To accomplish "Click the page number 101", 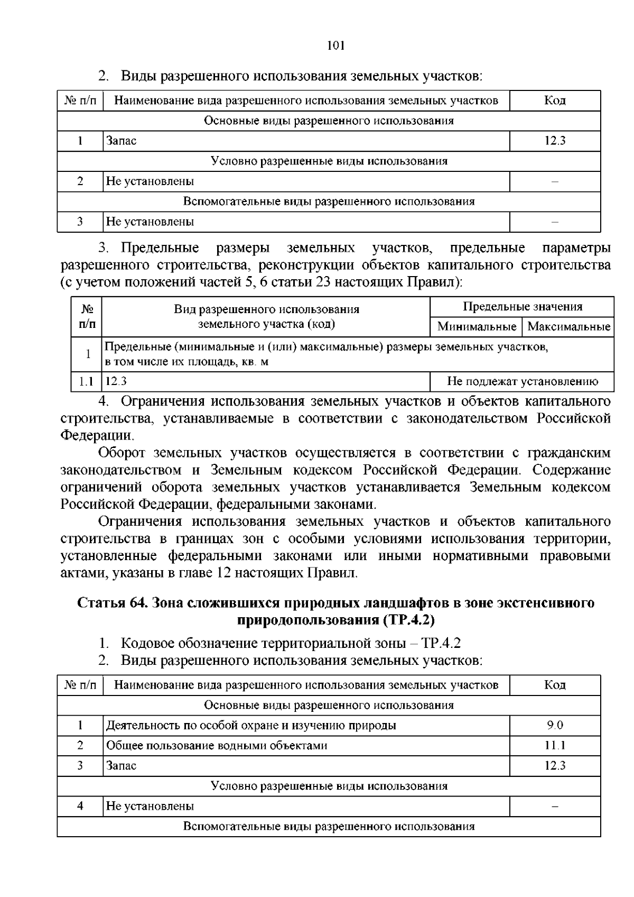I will point(335,45).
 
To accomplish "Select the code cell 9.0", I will point(555,725).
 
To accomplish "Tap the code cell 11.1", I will point(555,745).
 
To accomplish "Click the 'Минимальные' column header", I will point(477,326).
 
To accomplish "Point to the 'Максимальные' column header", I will point(568,326).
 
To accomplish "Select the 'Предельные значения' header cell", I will point(522,307).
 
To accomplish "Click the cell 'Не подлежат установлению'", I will point(522,381).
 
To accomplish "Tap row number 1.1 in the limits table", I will point(86,381).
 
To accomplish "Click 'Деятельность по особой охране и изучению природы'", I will point(251,725).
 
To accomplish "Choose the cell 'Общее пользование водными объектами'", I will point(217,745).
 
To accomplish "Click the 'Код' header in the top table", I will point(555,100).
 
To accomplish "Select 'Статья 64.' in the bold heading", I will point(112,603).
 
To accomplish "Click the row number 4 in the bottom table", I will point(80,806).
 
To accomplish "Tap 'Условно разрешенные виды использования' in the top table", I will point(329,161).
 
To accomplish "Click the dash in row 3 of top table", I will point(555,222).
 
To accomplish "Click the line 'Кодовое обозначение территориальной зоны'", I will point(269,643).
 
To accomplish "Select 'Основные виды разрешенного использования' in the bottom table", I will point(329,705).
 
